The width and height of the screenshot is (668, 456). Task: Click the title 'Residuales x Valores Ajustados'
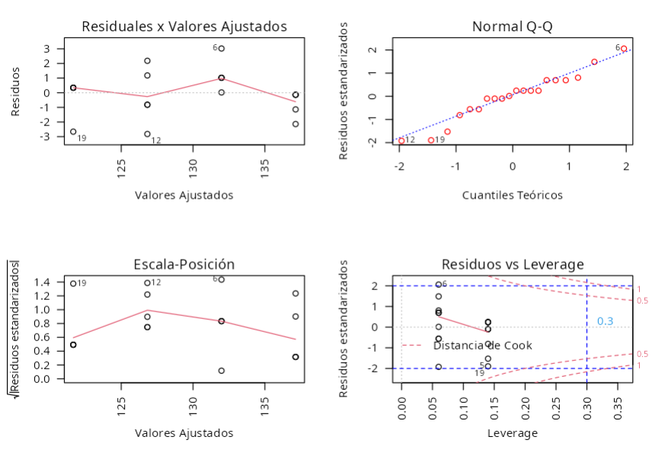coord(184,27)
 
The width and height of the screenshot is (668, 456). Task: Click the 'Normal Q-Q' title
coord(512,27)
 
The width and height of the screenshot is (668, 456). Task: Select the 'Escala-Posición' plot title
coord(184,264)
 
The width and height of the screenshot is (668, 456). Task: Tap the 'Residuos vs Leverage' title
coord(512,264)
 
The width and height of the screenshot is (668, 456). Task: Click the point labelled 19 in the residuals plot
coord(73,132)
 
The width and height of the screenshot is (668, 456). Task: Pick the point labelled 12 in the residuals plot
coord(147,134)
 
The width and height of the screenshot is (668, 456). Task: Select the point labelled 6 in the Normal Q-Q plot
coord(624,49)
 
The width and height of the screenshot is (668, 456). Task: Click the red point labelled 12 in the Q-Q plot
coord(401,140)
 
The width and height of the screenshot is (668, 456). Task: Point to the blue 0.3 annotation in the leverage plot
coord(605,321)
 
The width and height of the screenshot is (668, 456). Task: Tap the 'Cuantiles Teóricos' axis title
coord(512,195)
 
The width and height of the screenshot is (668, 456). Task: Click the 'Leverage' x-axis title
coord(512,433)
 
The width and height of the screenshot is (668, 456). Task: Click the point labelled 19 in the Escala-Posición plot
coord(73,283)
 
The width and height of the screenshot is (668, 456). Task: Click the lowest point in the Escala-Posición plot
coord(221,371)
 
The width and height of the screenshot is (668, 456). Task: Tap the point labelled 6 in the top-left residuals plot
coord(221,48)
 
